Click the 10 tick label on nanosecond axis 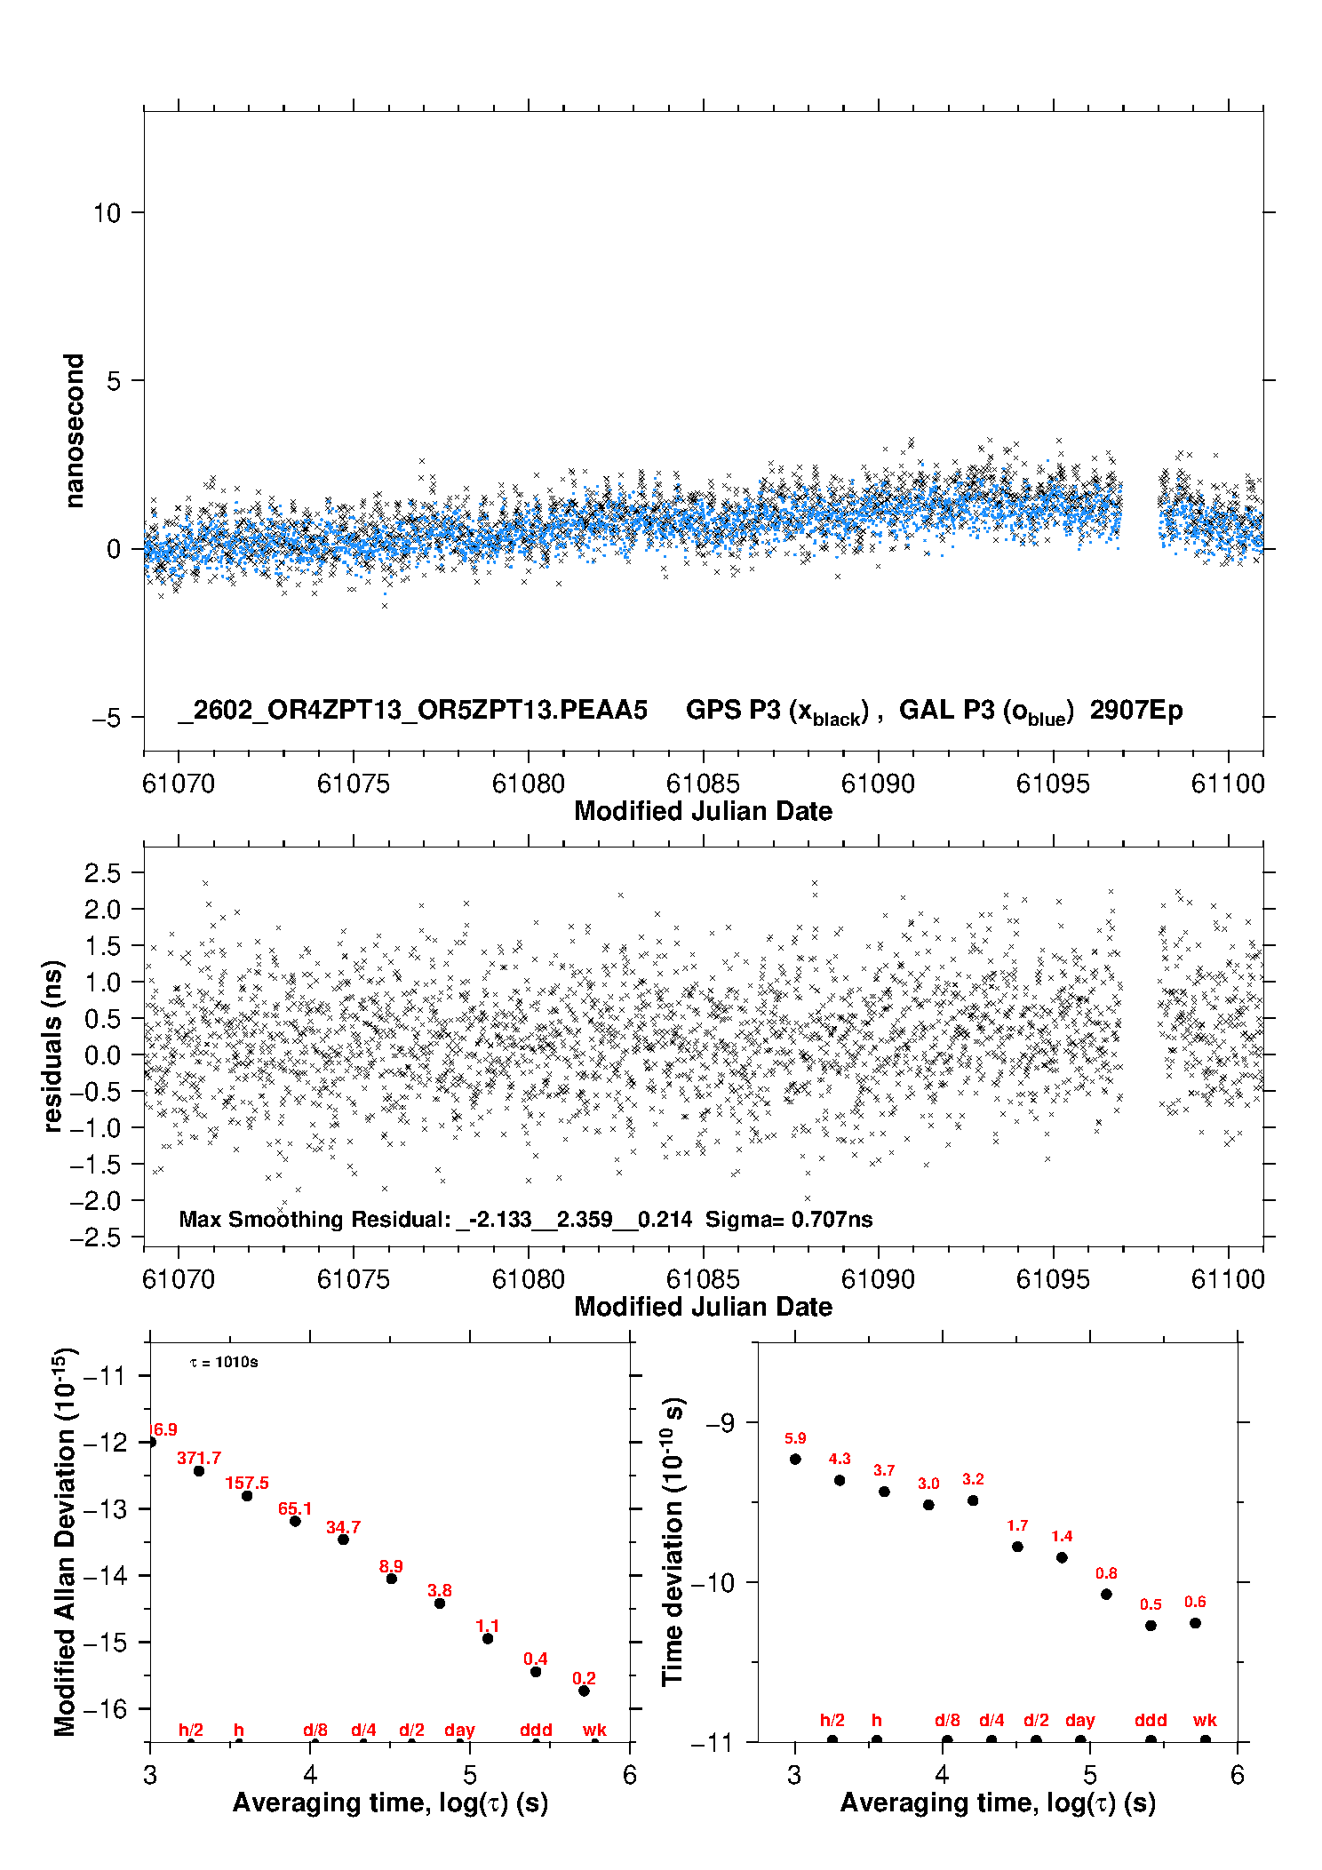(107, 213)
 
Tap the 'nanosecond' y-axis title (74, 431)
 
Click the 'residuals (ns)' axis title (53, 1046)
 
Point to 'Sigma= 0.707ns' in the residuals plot (789, 1220)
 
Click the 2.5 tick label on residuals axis (102, 873)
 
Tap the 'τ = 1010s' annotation (224, 1363)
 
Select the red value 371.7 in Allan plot (199, 1458)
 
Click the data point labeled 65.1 (295, 1521)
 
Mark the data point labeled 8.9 (391, 1579)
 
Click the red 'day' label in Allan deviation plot (459, 1730)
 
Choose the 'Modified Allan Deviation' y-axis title (64, 1541)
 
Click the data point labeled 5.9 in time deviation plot (795, 1459)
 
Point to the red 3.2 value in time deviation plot (973, 1479)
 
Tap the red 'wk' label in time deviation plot (1205, 1721)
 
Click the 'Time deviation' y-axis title (673, 1541)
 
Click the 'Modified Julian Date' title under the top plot (703, 811)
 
